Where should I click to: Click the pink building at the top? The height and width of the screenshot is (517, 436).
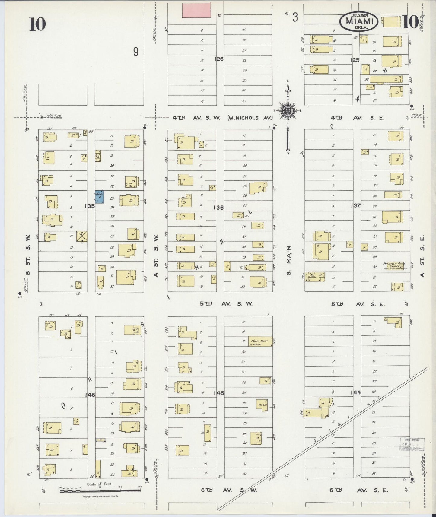[196, 10]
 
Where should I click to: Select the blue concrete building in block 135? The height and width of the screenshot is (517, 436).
[100, 197]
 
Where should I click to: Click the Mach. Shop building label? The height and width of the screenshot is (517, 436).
[260, 341]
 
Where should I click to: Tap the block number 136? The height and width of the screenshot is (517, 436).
[218, 208]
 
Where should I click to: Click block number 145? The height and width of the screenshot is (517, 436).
[219, 393]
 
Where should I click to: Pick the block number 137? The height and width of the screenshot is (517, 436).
[356, 205]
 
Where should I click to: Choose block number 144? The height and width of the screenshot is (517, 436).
[356, 392]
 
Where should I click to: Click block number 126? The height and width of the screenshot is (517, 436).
[219, 59]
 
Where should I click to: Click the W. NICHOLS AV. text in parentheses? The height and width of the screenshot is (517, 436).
[250, 118]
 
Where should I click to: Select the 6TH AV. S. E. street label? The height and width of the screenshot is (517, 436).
[358, 490]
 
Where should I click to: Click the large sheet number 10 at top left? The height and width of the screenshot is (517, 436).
[37, 24]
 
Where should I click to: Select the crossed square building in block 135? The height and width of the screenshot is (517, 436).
[81, 237]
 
